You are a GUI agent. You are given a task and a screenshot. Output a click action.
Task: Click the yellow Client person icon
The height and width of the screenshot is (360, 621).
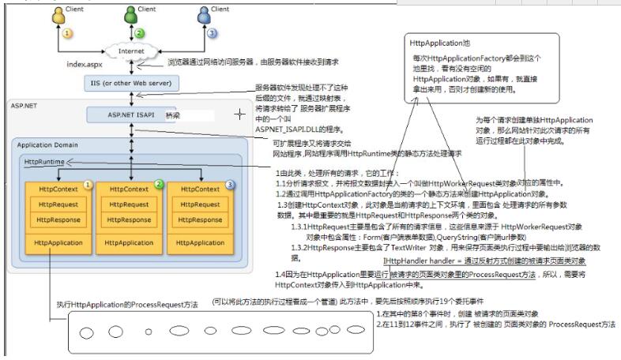click(58, 15)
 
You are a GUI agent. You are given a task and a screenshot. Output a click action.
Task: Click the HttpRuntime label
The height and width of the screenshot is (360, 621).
click(44, 162)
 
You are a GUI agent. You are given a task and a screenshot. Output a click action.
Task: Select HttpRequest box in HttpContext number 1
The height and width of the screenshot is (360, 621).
click(60, 203)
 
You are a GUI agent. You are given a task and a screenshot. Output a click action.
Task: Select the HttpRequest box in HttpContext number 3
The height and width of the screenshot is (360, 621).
click(200, 203)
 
